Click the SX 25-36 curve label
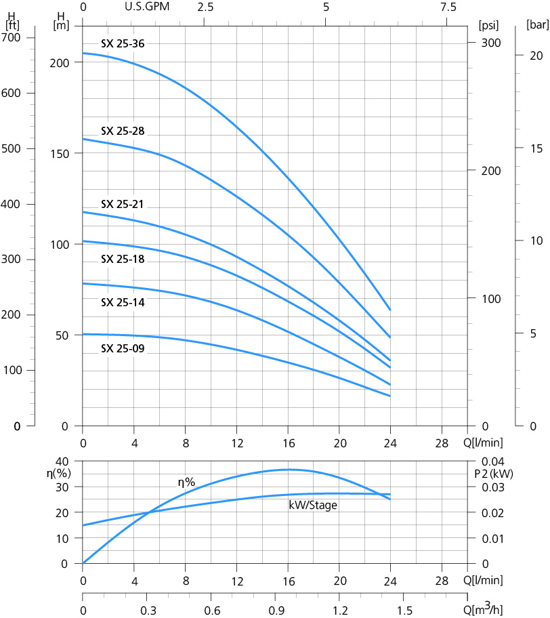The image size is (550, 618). tap(123, 44)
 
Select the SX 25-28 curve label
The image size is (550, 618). tap(123, 131)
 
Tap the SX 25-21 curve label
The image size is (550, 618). tap(123, 204)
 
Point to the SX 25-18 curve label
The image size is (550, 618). tap(123, 259)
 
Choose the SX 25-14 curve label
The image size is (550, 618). tap(123, 302)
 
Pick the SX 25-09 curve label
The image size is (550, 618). tap(123, 349)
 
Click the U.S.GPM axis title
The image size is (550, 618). tap(147, 7)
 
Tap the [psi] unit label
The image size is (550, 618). tap(488, 26)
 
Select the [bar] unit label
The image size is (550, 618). tap(537, 26)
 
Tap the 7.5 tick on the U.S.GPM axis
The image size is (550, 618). tap(448, 7)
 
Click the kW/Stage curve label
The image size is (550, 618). tap(313, 505)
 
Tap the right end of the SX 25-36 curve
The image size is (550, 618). tap(390, 310)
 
